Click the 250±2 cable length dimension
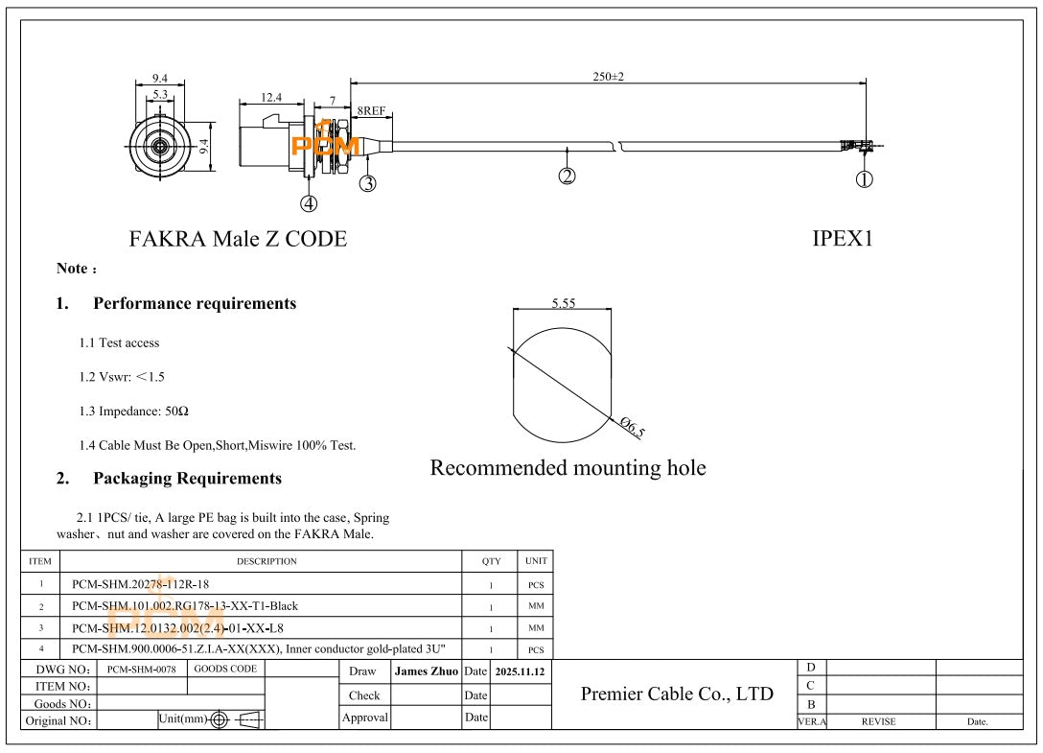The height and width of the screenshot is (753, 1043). pos(608,77)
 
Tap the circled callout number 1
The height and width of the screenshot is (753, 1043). pos(864,178)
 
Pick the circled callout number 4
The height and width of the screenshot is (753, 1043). pos(308,202)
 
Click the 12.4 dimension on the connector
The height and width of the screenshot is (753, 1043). pos(271,97)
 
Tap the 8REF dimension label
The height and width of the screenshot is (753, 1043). pos(372,111)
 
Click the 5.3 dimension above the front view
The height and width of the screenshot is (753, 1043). pos(160,94)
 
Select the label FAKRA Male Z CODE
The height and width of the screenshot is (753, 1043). pos(238,239)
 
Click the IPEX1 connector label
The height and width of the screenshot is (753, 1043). pos(843,239)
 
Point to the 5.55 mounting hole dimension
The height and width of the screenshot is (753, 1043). pos(564,303)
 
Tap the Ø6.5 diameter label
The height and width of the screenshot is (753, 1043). pos(632,428)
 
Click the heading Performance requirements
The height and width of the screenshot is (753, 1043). pos(195,303)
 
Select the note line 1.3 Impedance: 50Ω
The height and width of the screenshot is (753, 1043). pos(134,411)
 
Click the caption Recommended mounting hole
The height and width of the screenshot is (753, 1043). pos(568,468)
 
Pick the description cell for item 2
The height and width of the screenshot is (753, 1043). pos(185,605)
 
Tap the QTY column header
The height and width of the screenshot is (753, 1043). pos(491,561)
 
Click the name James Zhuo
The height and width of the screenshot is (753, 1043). pos(426,671)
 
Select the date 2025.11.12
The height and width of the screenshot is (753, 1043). pos(520,671)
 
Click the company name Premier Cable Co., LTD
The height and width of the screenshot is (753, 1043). pos(677,694)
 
